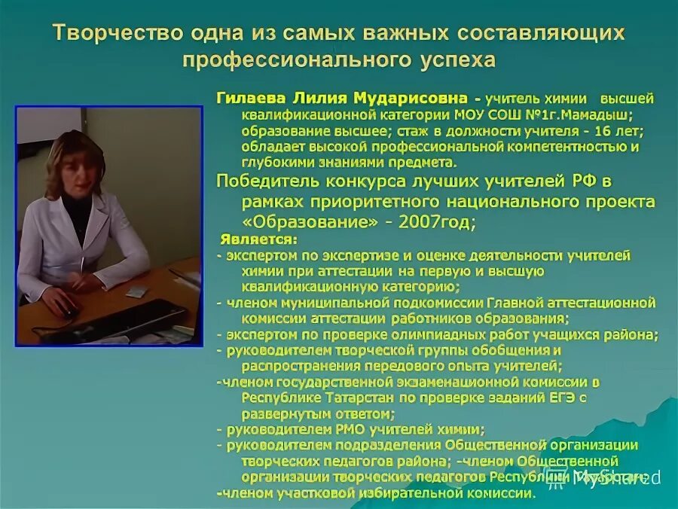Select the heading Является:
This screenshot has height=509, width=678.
tap(259, 240)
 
